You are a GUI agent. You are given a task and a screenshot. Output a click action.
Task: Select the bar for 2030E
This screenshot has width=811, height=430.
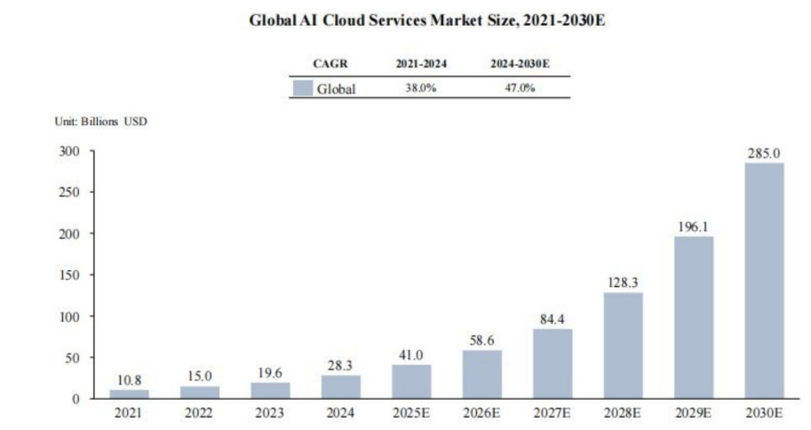tap(764, 281)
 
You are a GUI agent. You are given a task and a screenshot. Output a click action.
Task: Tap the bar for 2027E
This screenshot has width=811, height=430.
tap(553, 363)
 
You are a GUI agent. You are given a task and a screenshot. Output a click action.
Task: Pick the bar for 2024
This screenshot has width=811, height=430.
tap(341, 386)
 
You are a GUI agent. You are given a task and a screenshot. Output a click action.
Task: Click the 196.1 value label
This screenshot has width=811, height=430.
tap(694, 227)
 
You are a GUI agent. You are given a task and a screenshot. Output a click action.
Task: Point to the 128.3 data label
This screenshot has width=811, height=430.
tap(623, 283)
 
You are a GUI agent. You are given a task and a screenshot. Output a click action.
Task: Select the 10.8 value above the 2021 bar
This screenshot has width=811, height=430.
tap(130, 380)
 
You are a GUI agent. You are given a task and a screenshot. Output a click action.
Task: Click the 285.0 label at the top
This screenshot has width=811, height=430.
tap(764, 153)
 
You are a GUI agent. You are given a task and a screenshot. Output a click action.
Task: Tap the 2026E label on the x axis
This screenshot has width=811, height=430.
tap(481, 414)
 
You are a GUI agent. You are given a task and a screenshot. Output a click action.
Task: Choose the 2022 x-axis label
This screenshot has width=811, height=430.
tap(200, 414)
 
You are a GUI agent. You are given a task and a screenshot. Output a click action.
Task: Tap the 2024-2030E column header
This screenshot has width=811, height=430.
tap(520, 65)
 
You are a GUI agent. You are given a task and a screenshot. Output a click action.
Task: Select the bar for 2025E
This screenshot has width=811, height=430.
tap(411, 381)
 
